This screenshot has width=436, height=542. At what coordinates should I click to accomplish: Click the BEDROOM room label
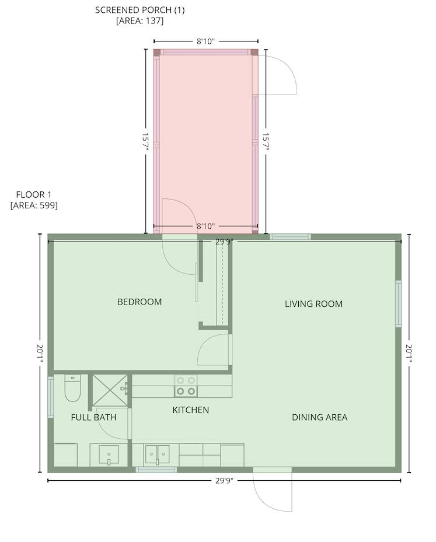[139, 302]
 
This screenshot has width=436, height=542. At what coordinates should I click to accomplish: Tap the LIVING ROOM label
[313, 304]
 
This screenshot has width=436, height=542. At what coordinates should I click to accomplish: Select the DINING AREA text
[319, 417]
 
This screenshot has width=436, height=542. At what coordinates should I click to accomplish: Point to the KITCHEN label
[190, 410]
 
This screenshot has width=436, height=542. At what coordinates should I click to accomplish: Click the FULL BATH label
[93, 417]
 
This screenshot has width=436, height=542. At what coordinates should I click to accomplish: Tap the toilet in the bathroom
[72, 389]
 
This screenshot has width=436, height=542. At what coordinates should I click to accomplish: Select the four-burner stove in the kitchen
[186, 386]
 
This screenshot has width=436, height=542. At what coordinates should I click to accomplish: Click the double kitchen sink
[158, 454]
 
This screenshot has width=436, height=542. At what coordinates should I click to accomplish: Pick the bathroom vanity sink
[109, 454]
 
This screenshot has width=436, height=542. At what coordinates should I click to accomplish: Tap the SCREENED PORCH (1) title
[139, 10]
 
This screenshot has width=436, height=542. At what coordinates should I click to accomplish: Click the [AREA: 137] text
[139, 21]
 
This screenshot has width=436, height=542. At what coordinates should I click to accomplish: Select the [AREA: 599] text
[34, 205]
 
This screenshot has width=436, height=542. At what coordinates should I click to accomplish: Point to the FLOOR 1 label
[33, 195]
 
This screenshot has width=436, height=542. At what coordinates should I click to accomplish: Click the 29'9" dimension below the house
[224, 481]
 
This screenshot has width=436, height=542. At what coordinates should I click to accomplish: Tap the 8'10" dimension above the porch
[205, 41]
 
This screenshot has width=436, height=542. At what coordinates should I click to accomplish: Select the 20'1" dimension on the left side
[40, 354]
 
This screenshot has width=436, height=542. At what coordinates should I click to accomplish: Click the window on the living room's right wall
[398, 303]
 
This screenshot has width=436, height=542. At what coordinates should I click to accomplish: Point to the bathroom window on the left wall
[50, 397]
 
